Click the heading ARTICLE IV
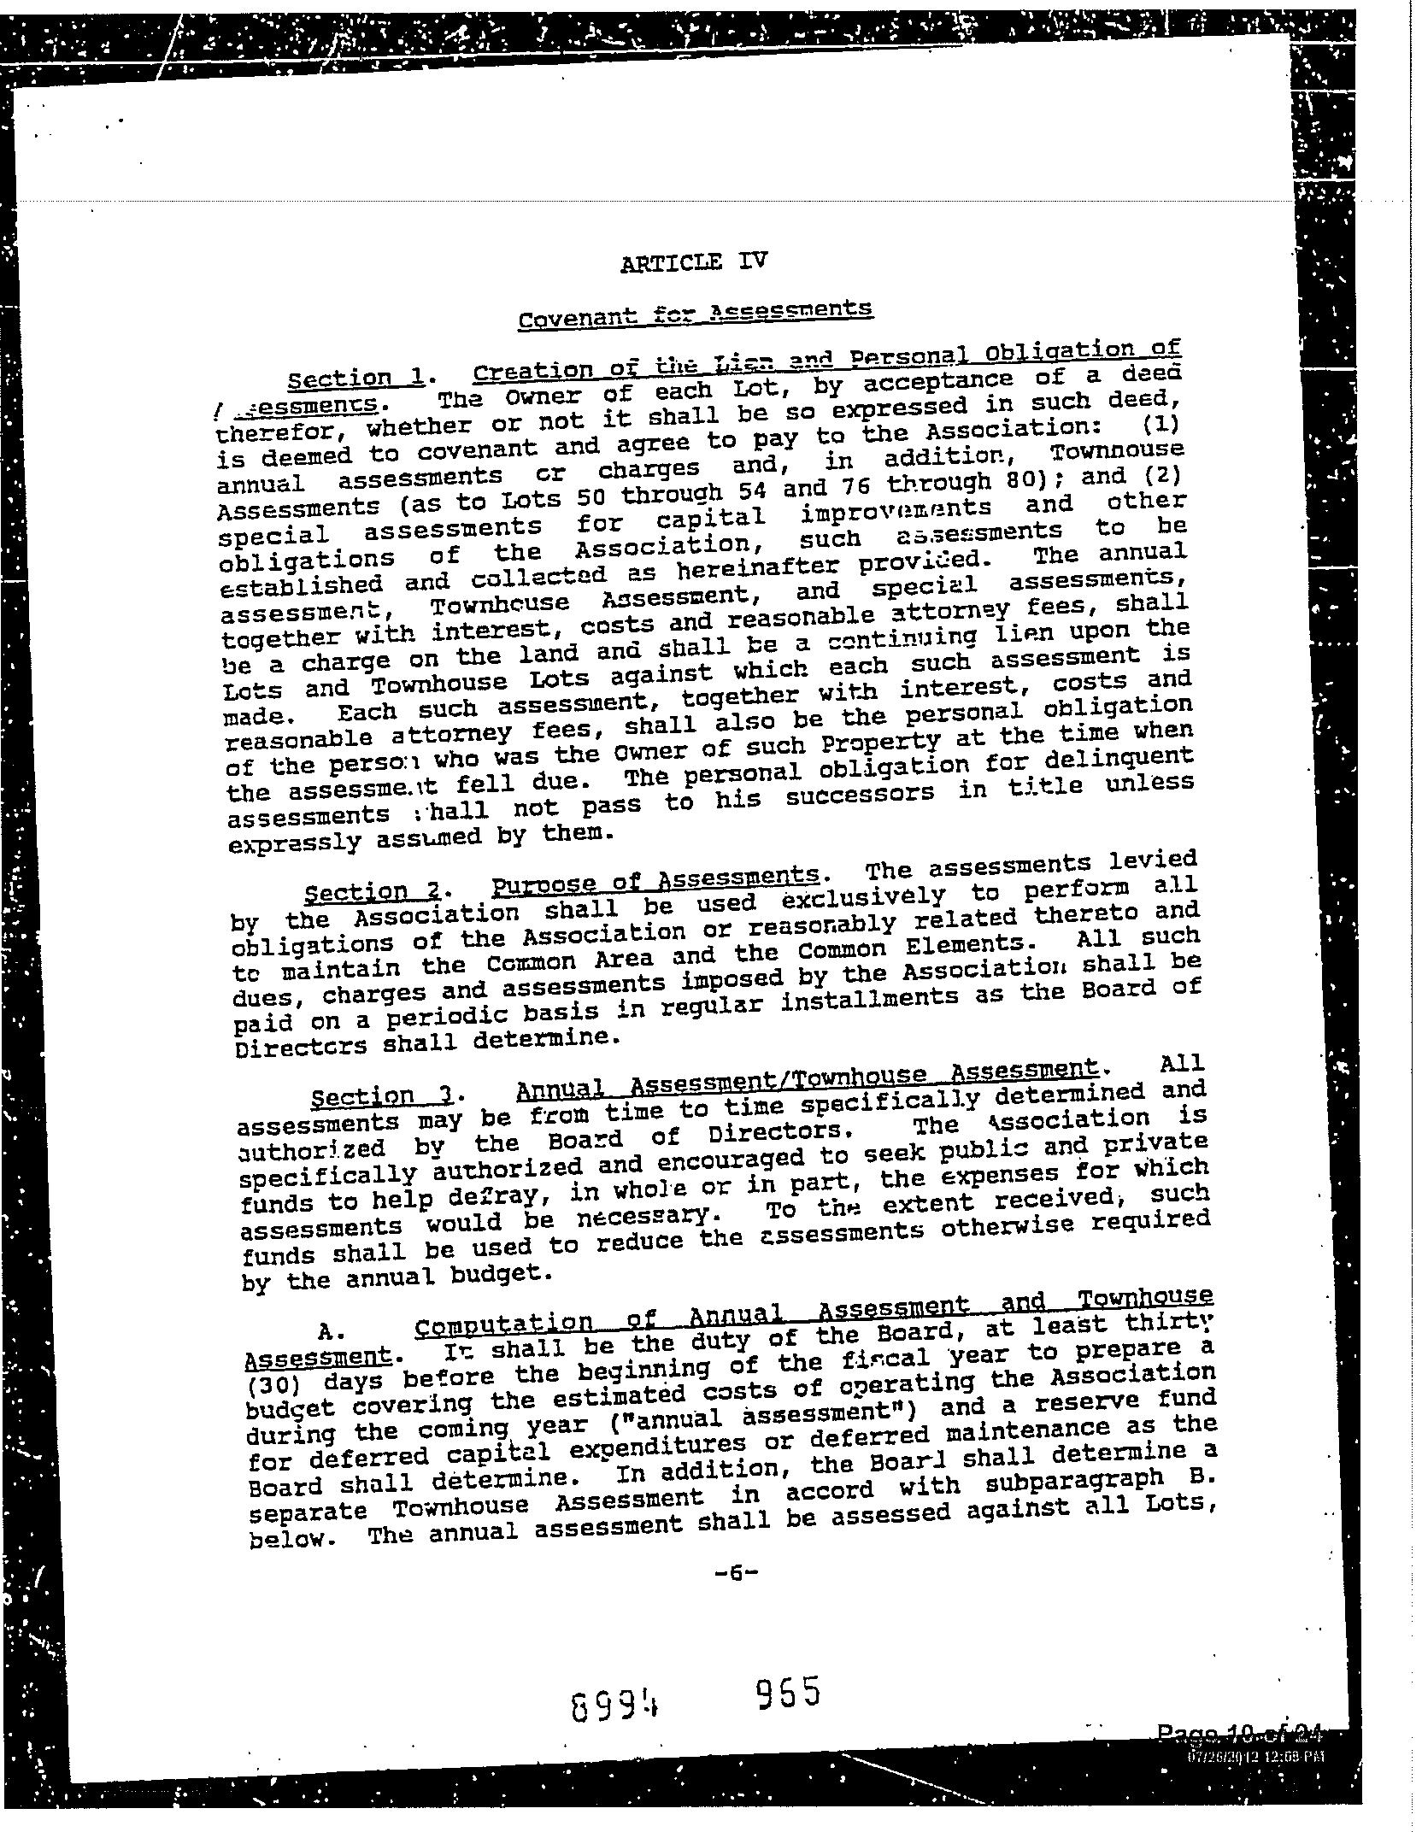click(x=694, y=261)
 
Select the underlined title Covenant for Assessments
click(x=695, y=313)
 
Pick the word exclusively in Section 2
click(x=863, y=897)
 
